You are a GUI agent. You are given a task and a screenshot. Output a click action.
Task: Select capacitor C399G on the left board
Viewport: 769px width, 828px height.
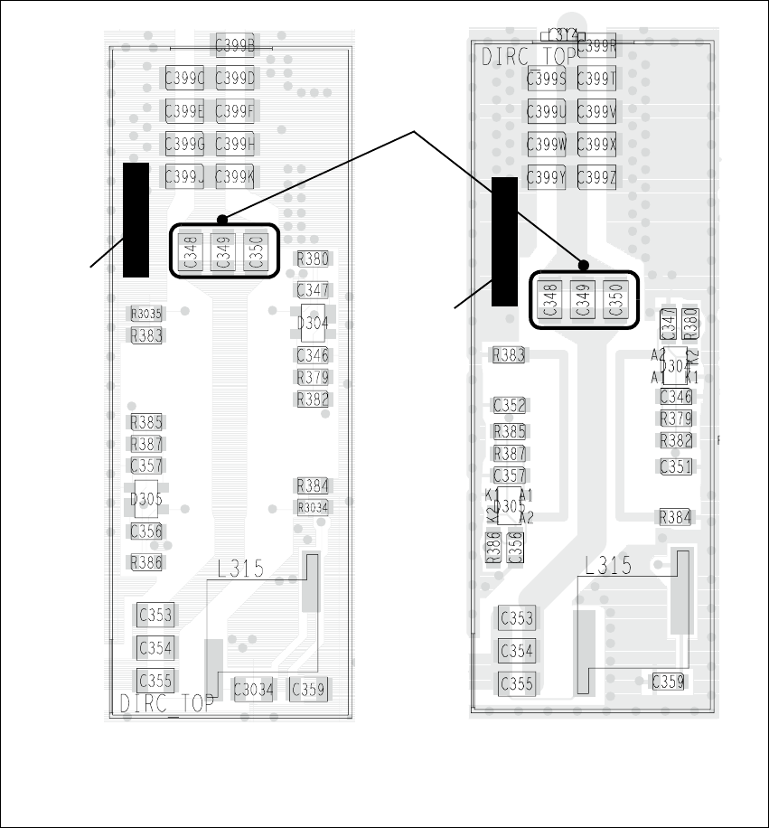183,145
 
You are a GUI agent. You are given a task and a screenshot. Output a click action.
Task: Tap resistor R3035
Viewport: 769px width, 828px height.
146,314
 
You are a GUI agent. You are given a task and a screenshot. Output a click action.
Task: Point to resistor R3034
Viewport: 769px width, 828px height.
313,507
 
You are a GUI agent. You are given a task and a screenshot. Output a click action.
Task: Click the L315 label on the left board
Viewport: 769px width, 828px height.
240,569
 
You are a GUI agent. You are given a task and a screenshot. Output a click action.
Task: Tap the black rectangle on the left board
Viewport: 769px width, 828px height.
136,220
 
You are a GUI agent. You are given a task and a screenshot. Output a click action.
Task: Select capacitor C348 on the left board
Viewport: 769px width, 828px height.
190,251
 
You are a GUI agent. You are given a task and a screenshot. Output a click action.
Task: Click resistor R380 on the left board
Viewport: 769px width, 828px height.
313,259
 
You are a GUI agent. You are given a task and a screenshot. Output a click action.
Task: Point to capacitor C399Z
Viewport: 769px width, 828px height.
596,177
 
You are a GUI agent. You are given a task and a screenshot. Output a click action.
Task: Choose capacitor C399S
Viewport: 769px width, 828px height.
546,80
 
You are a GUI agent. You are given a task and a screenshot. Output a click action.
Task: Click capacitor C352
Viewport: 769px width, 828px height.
510,406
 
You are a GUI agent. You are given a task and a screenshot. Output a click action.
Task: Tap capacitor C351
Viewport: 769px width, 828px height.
676,467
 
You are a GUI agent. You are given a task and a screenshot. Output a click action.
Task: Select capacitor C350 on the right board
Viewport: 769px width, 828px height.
616,299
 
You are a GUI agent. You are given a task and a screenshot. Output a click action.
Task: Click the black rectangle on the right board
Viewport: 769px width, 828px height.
504,241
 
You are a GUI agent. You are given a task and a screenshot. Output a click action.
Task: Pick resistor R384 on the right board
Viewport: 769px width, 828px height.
676,517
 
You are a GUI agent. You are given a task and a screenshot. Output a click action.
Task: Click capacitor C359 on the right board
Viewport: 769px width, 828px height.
669,682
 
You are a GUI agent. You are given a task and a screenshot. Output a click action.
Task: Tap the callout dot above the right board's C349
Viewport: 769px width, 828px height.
584,265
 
